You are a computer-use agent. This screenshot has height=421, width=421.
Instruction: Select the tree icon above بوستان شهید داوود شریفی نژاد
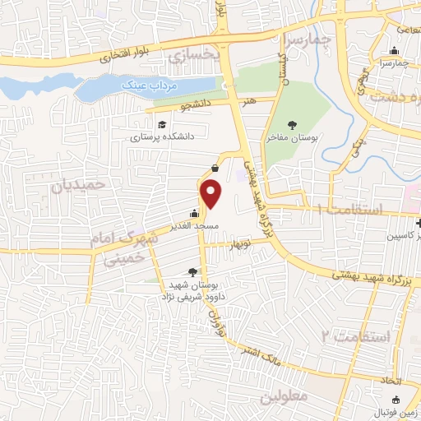click(192, 272)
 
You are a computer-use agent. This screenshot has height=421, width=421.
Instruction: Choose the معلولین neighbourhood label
click(282, 398)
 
